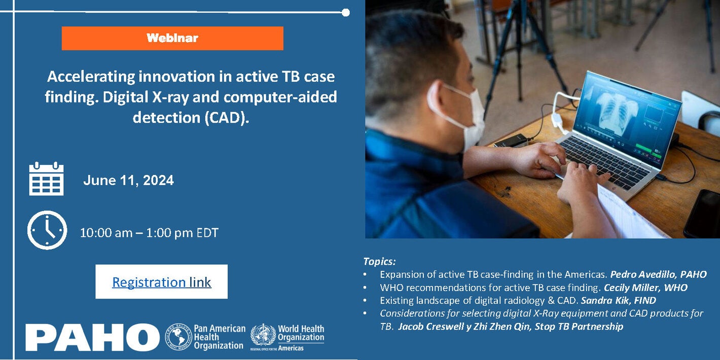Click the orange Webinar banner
pos(172,38)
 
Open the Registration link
pos(161,282)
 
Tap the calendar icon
pos(46,178)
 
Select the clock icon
pos(47,230)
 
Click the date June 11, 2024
pos(128,180)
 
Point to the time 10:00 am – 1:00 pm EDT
pos(149,233)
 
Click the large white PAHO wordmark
pos(92,337)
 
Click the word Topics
pos(379,262)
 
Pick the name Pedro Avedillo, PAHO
pos(658,274)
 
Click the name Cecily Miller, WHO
pos(645,287)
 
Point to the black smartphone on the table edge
pos(703,213)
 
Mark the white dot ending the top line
pos(346,12)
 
